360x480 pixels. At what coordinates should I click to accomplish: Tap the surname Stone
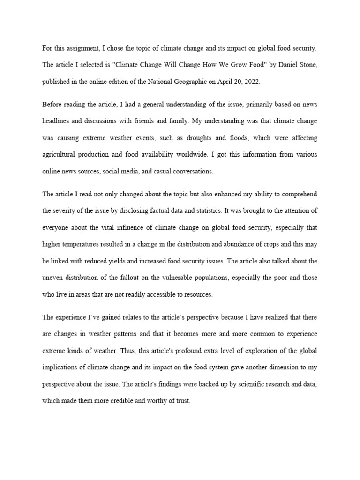click(x=307, y=65)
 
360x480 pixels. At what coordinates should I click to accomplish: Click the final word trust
click(x=181, y=401)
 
